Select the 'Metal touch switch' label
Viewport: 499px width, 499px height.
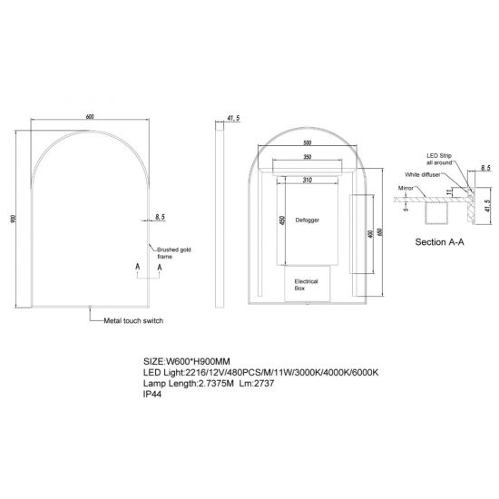click(x=132, y=321)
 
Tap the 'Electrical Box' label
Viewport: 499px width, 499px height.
click(x=306, y=286)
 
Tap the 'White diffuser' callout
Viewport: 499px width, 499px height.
click(x=426, y=173)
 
